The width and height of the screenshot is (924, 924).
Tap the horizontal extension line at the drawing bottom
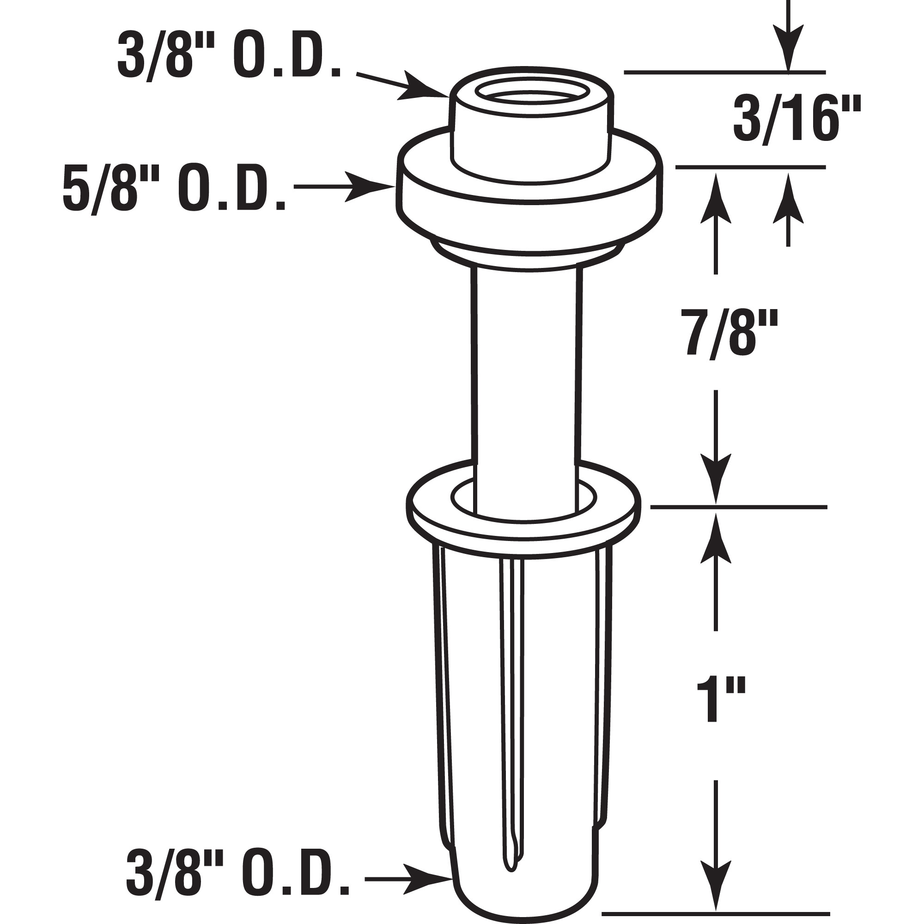[x=717, y=914]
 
